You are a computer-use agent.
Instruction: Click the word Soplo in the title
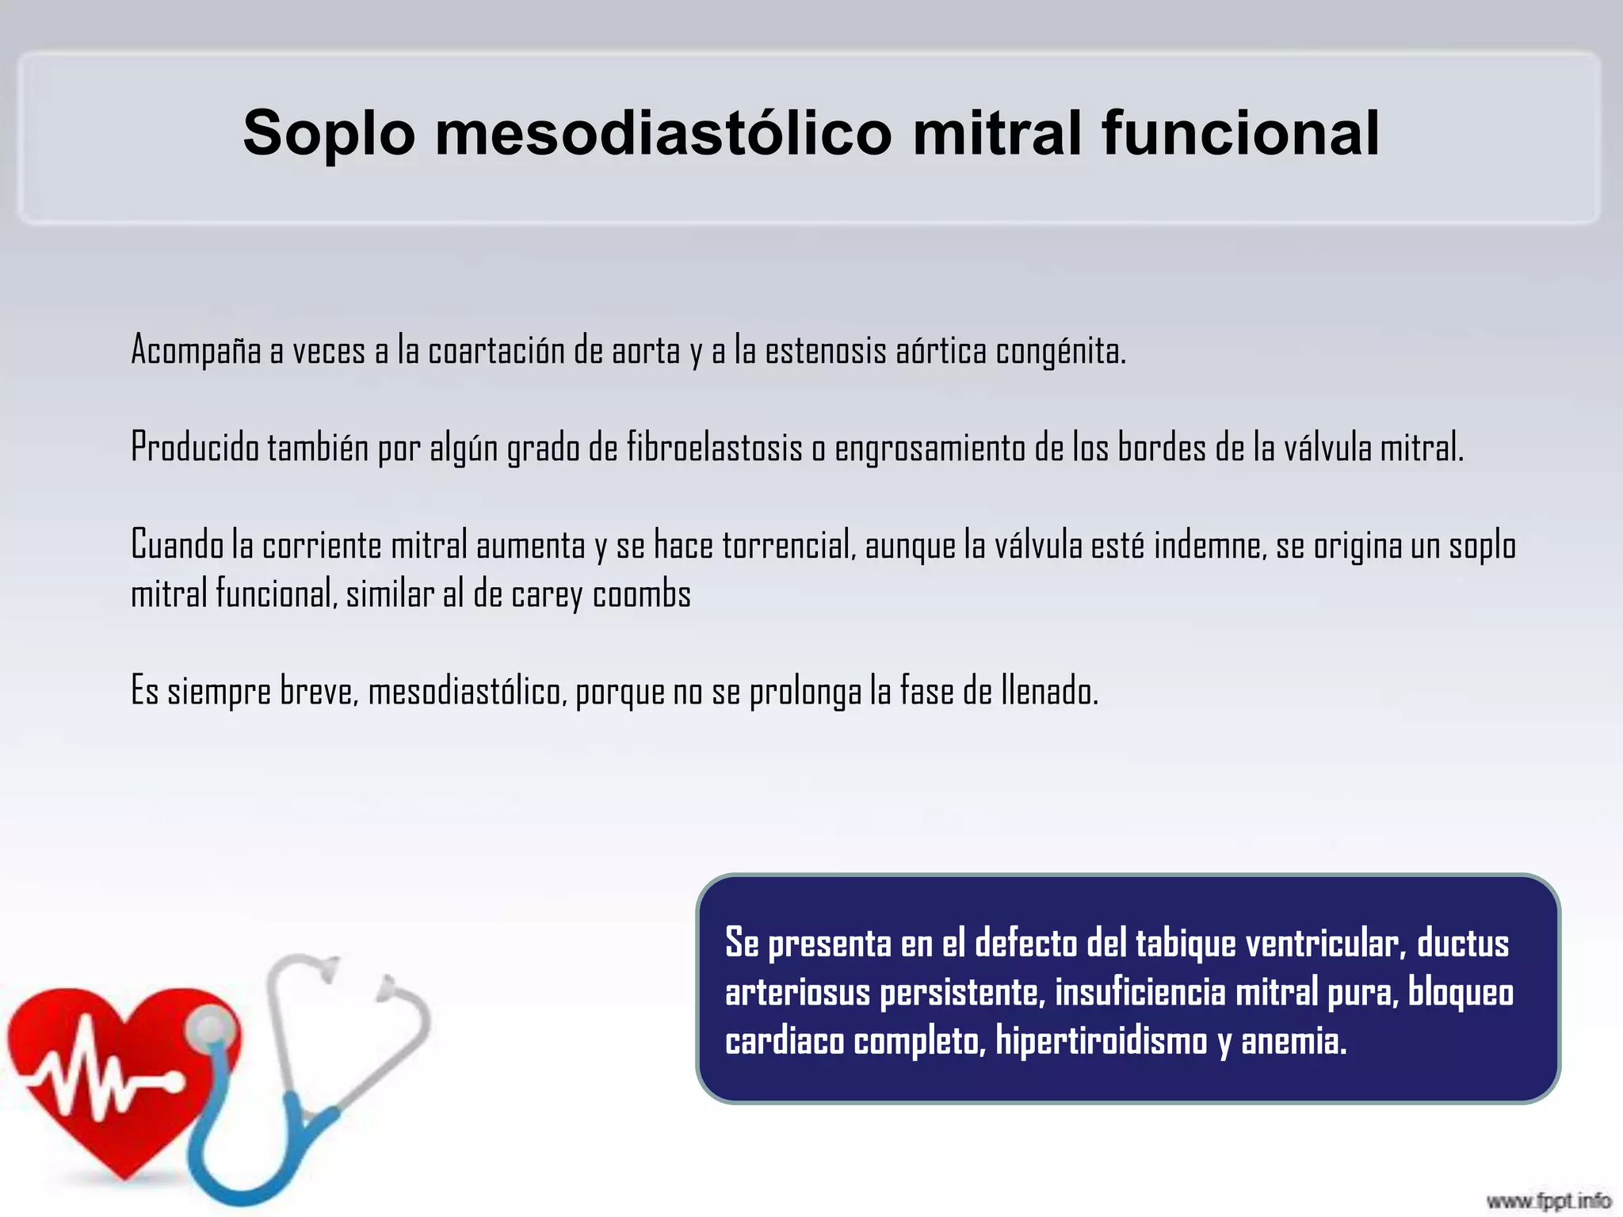click(329, 133)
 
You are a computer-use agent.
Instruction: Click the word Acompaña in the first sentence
click(196, 350)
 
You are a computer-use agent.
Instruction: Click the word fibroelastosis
click(715, 448)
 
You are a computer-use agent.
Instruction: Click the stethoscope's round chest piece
click(210, 1030)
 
